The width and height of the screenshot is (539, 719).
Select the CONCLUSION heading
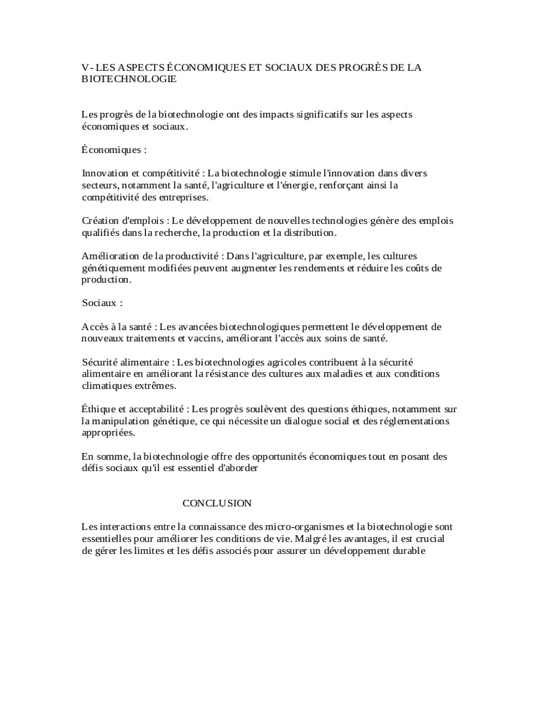[x=217, y=503]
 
